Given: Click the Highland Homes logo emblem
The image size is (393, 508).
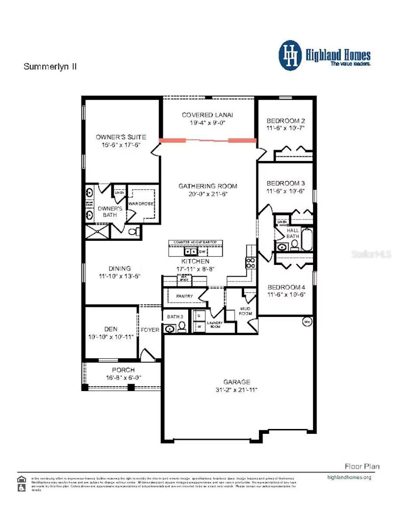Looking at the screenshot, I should point(290,55).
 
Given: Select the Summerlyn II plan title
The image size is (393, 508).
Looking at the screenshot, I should point(50,67).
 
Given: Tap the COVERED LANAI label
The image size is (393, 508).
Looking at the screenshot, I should point(207,115).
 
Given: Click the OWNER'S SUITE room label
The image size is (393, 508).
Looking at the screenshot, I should point(121,137).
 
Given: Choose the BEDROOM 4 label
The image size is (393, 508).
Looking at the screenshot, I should point(286,287).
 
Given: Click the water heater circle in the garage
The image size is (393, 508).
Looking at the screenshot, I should point(307,323).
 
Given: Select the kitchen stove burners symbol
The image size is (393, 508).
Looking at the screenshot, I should point(252,262).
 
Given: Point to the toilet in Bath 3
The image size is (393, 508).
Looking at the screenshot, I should point(181,327).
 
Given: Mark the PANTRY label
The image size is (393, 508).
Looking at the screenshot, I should point(184,296).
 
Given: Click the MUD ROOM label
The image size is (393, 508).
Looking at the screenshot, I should point(245,311).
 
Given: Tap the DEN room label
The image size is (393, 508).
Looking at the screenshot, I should point(110,329).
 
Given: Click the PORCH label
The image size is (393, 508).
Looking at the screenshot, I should point(124,370).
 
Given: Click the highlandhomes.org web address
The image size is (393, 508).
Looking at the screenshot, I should point(349,477).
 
